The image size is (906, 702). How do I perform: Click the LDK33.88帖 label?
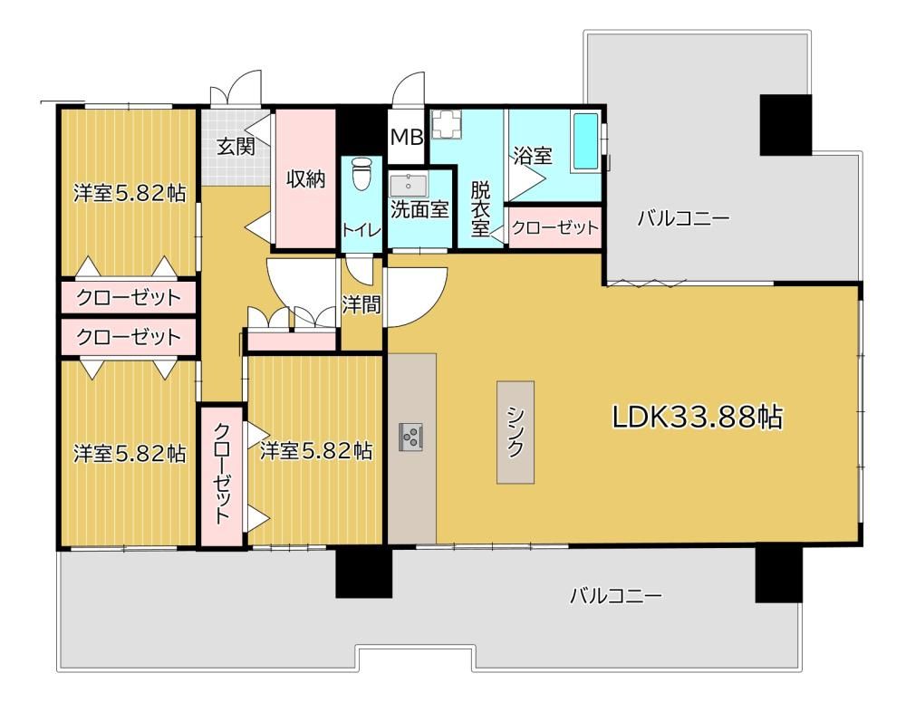tap(698, 418)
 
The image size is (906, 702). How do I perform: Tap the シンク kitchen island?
tap(516, 432)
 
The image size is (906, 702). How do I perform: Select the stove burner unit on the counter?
tap(410, 437)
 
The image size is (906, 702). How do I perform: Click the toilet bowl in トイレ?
tap(362, 173)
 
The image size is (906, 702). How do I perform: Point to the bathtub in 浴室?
tap(585, 141)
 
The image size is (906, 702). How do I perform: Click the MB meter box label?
tap(407, 138)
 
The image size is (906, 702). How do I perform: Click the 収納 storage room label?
tap(306, 179)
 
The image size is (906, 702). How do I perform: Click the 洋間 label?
tap(361, 304)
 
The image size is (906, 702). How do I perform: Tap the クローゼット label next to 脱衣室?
tap(555, 227)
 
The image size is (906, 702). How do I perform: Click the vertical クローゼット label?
tap(224, 474)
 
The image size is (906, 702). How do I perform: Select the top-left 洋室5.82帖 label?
tap(130, 193)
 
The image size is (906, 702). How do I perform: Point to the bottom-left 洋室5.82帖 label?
tap(130, 454)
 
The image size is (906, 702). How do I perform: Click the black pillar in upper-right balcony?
tap(786, 125)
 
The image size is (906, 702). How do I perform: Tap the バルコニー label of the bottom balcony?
tap(616, 595)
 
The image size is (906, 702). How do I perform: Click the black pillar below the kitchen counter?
tap(364, 572)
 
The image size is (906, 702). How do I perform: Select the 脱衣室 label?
tap(480, 208)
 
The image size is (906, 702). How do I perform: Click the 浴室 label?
tap(533, 156)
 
